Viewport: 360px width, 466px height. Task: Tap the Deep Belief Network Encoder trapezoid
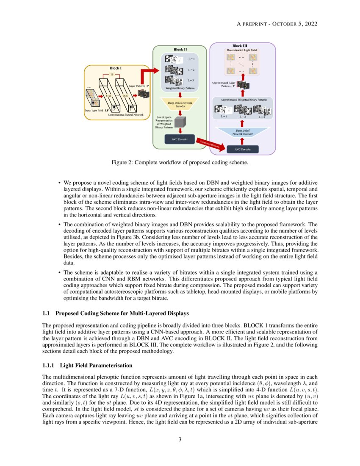point(180,104)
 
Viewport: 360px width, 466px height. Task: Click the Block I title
point(115,68)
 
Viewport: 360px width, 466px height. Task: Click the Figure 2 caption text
point(180,162)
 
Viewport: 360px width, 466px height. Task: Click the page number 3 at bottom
point(180,439)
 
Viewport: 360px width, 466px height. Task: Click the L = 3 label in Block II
point(191,80)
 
